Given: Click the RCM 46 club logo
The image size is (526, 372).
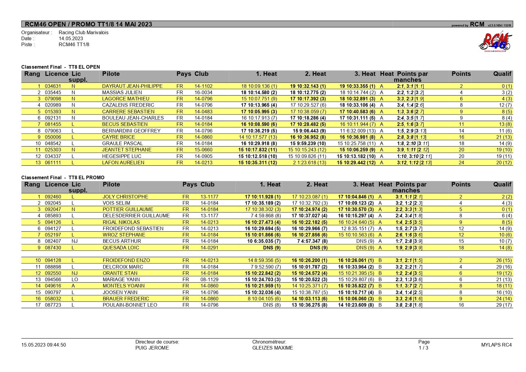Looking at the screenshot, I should pos(495,42).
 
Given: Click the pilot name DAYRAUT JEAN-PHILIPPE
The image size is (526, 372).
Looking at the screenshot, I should pos(132,86).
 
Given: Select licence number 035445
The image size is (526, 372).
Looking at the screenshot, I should pos(53,92).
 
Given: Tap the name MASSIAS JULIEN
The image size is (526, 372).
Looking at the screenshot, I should pos(122,92).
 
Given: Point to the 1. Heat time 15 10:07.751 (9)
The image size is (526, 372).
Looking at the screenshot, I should pos(259,99).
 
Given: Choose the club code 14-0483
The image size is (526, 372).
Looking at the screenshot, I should pos(203,112).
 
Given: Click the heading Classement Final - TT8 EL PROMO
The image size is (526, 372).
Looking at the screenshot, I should pos(63,177).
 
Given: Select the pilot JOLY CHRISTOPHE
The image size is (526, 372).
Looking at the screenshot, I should pos(125,197).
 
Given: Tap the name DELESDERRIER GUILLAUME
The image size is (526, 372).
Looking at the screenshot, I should pos(136,216).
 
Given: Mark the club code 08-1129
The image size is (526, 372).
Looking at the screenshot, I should pos(209,279).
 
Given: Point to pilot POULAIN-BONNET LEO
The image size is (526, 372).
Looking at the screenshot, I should pos(130,305).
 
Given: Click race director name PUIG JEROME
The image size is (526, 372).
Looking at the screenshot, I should pos(152,348).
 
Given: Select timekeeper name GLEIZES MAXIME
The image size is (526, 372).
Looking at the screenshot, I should pos(272,348).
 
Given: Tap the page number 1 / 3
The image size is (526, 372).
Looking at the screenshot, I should pos(423,348).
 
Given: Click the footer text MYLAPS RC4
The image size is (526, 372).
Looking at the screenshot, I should pos(496,345).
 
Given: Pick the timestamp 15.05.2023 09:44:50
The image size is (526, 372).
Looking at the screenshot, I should pos(43,345).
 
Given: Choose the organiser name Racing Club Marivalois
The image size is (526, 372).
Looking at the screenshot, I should pos(83,32).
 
